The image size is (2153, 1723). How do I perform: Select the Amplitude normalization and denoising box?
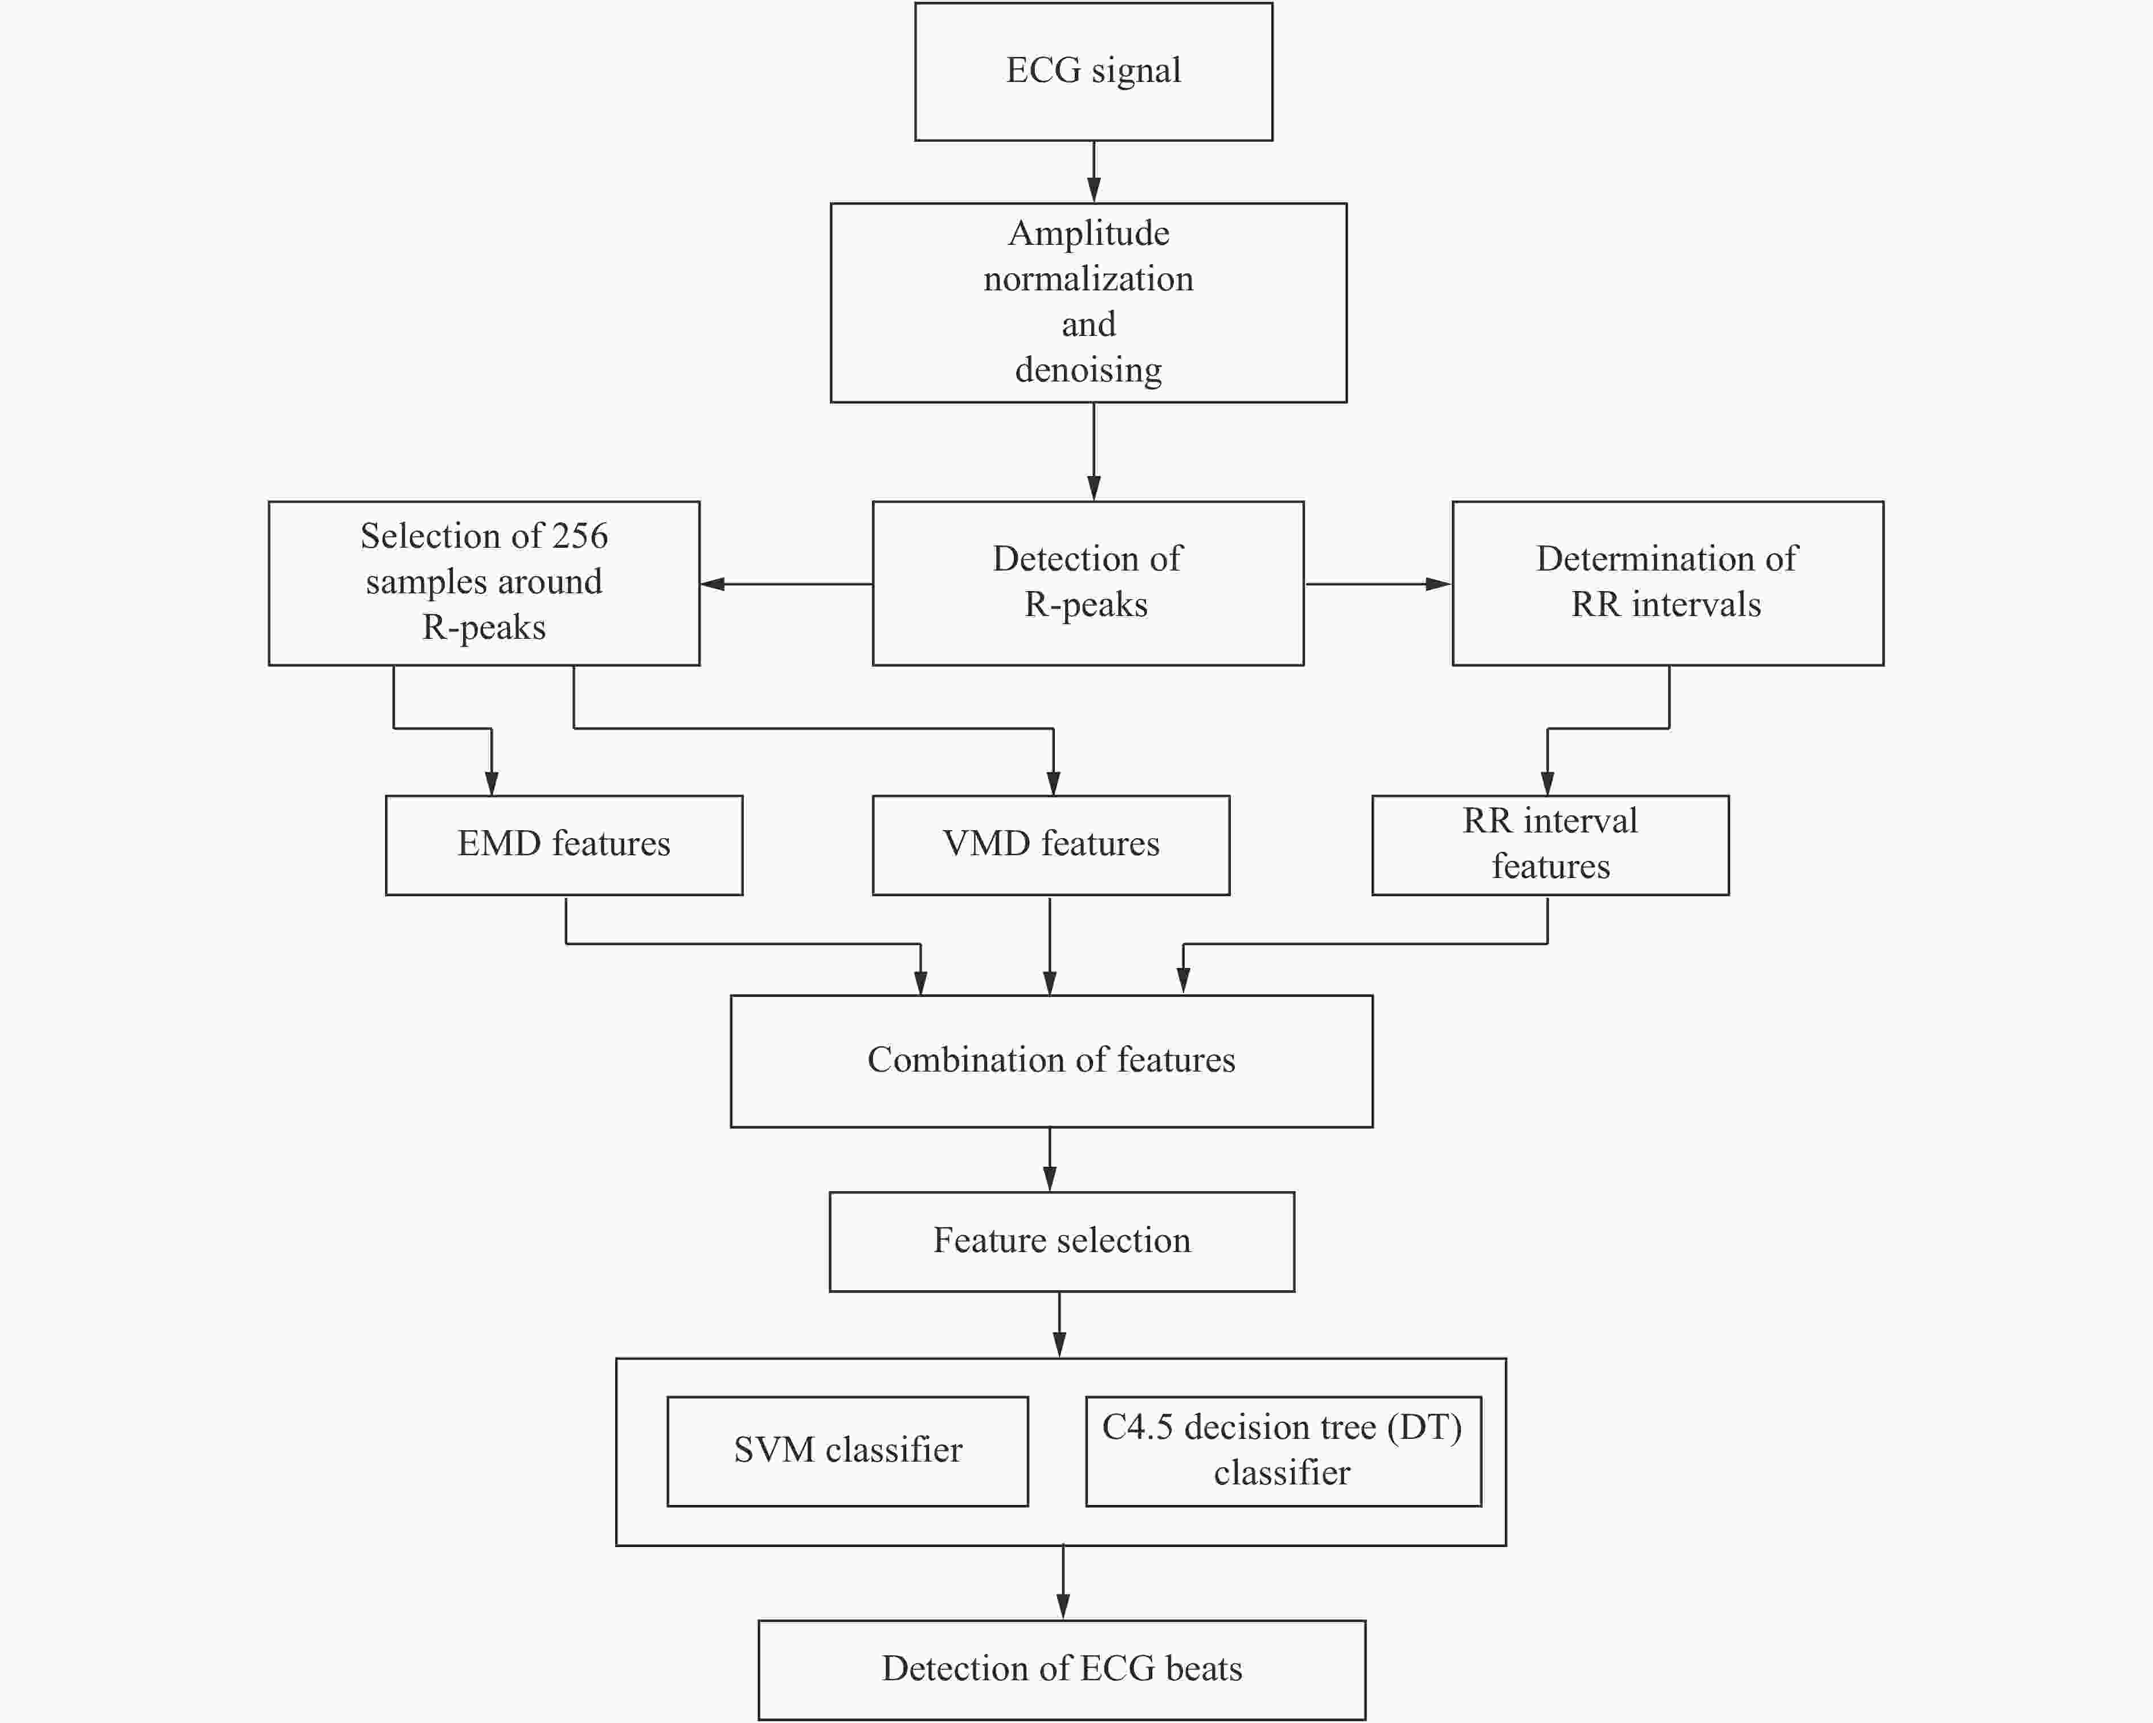coord(1088,302)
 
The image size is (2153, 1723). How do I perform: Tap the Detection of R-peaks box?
coord(1087,583)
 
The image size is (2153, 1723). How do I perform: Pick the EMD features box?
coord(564,844)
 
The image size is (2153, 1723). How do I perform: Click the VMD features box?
coord(1050,844)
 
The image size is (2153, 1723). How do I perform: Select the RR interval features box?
coord(1550,844)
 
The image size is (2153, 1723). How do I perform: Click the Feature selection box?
coord(1062,1241)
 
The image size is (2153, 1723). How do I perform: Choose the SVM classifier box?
coord(847,1450)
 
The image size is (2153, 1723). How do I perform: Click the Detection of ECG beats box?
coord(1062,1669)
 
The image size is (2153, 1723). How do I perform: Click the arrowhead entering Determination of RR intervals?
coord(1439,584)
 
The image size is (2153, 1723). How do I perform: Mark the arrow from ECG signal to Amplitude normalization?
coord(1094,172)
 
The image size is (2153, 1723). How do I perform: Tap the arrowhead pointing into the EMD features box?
coord(492,783)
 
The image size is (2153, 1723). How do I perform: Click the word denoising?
coord(1088,370)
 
